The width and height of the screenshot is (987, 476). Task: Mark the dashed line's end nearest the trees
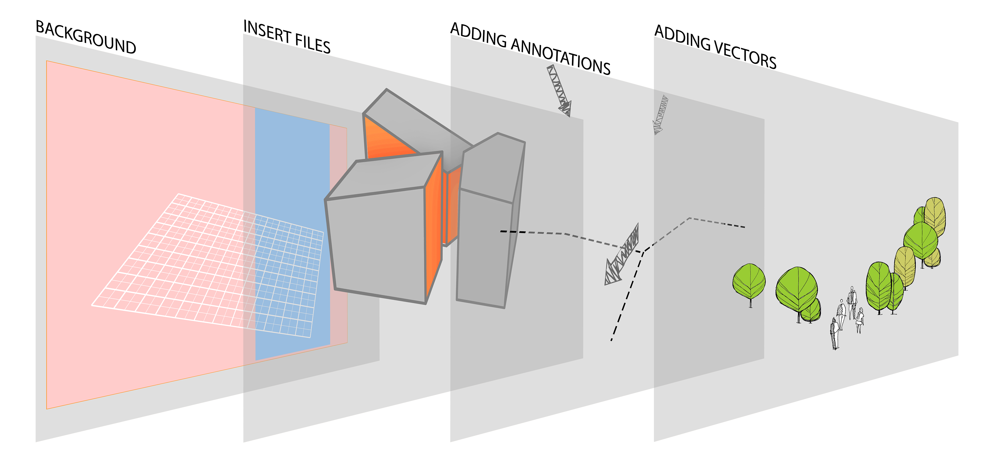coord(744,227)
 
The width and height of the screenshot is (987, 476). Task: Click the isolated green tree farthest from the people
coord(749,282)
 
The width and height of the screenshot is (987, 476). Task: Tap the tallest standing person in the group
coord(852,301)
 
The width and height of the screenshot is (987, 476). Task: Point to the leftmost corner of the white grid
coord(92,305)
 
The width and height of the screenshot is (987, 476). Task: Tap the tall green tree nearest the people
coord(878,286)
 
